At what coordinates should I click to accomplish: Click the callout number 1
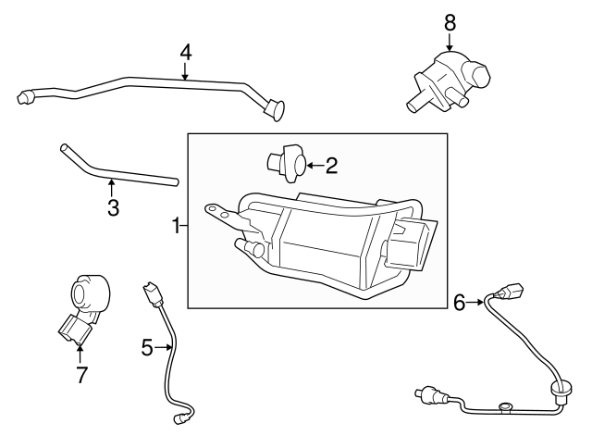174,225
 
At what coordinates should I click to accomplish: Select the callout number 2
331,166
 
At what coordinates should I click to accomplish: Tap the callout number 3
113,208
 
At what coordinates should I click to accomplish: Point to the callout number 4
185,52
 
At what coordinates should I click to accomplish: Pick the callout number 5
146,347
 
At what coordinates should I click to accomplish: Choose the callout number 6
460,301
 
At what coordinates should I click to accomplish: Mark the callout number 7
80,375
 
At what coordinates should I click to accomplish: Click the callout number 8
450,20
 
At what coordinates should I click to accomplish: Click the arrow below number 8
450,42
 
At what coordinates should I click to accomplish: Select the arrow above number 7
80,353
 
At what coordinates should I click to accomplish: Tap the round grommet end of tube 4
275,111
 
